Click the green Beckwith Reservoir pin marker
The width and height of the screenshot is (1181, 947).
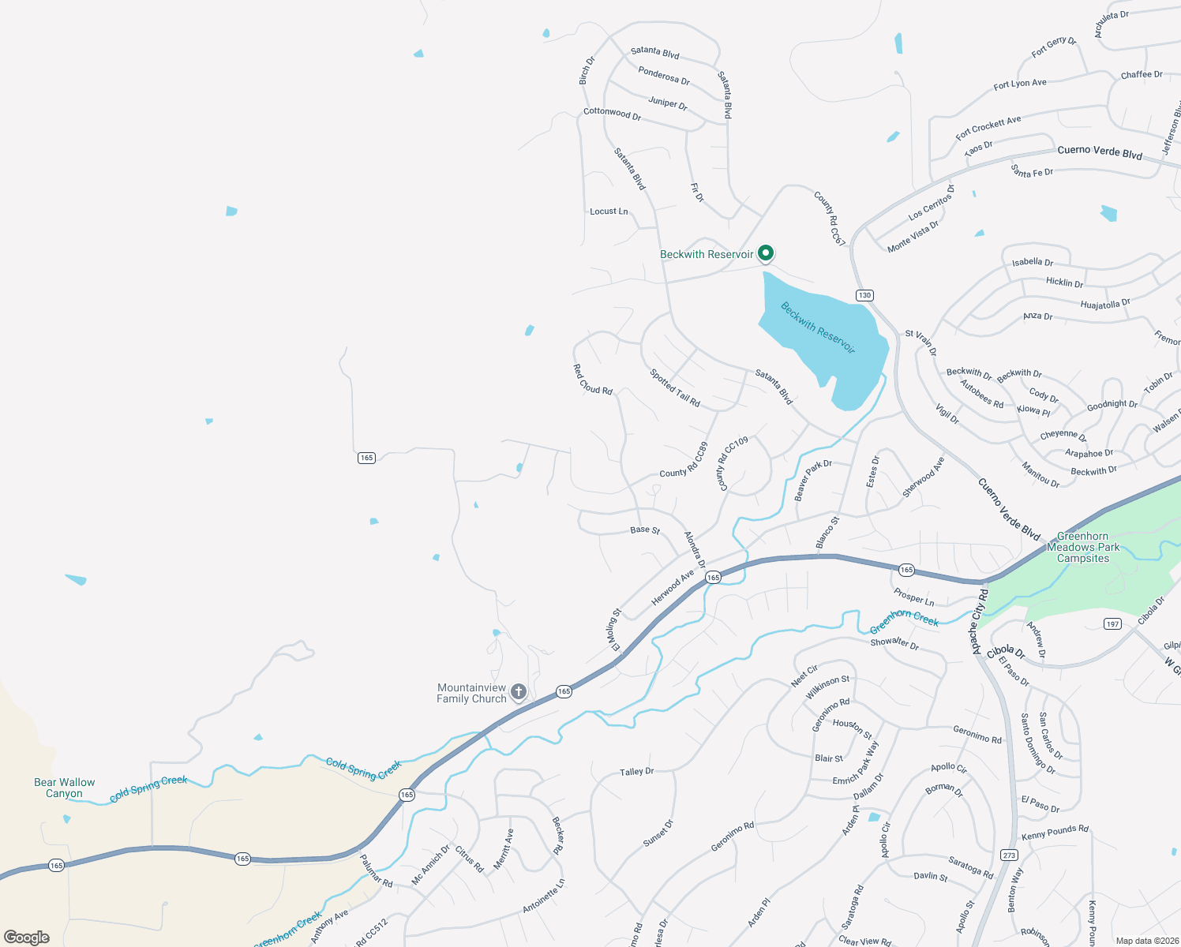point(765,253)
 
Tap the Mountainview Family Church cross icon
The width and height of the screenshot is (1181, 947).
point(519,692)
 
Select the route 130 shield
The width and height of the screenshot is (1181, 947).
point(864,295)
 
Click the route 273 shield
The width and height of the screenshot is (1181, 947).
point(1009,855)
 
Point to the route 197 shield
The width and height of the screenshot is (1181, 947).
point(1112,623)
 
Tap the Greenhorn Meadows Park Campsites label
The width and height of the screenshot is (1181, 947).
point(1083,547)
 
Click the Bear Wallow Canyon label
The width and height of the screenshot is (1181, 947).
point(64,788)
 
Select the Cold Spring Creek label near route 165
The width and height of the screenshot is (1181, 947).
point(364,768)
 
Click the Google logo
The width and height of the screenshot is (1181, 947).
point(26,937)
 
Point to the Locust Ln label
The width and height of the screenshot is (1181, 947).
point(609,211)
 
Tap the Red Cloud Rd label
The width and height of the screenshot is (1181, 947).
point(592,380)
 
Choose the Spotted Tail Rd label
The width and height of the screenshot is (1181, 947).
point(675,388)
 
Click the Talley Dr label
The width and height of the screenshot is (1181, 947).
point(636,772)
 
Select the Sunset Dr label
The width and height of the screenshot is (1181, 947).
point(658,833)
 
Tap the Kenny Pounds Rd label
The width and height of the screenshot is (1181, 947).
point(1055,832)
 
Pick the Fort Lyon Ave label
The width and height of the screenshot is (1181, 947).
point(1020,84)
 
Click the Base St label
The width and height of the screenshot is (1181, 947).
point(645,530)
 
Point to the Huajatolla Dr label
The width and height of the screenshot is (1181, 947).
point(1105,304)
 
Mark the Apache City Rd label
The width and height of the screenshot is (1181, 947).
point(979,621)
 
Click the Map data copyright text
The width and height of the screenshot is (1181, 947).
point(1144,941)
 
